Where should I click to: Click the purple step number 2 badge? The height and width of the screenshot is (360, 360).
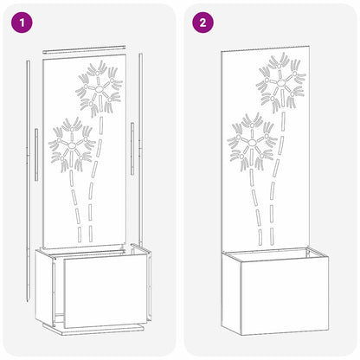pyautogui.click(x=202, y=22)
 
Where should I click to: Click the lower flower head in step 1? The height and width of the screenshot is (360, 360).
pyautogui.click(x=72, y=143)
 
